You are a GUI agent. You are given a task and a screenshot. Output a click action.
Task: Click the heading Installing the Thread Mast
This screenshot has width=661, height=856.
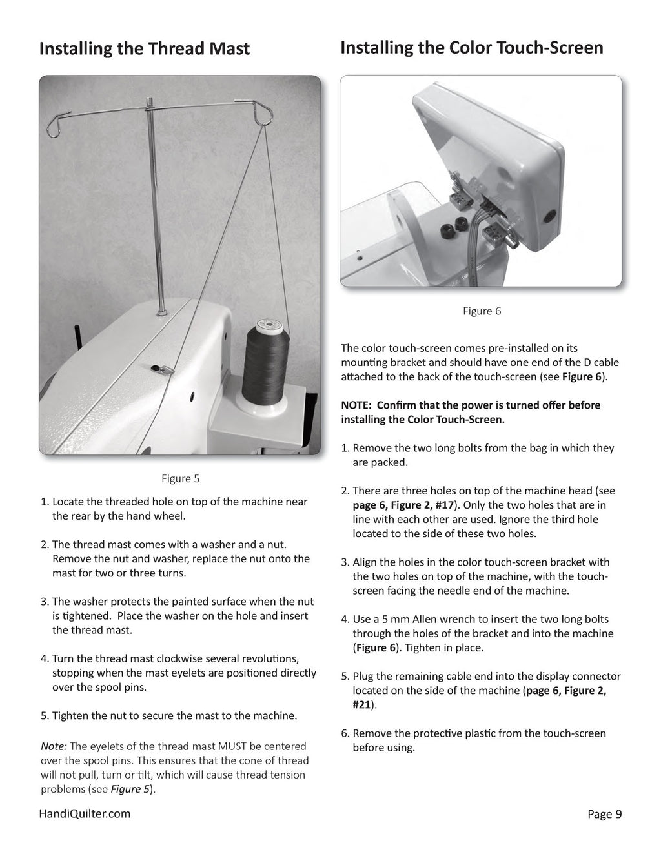(144, 49)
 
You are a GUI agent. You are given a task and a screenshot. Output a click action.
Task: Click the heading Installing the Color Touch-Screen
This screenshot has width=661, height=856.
(471, 48)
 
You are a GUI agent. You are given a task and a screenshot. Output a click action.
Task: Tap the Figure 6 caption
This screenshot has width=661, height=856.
(482, 311)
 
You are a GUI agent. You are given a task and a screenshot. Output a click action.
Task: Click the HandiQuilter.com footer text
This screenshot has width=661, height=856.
(85, 813)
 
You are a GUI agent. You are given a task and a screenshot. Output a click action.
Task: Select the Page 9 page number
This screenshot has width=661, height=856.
(604, 814)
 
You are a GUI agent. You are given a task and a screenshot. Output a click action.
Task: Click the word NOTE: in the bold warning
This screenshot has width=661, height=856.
(357, 405)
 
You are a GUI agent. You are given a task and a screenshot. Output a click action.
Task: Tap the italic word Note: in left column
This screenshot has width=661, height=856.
(54, 746)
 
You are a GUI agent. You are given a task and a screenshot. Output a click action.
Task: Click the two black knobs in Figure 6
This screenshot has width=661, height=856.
(453, 230)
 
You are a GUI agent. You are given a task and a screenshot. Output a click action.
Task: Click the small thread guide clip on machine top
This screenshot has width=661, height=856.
(159, 368)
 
